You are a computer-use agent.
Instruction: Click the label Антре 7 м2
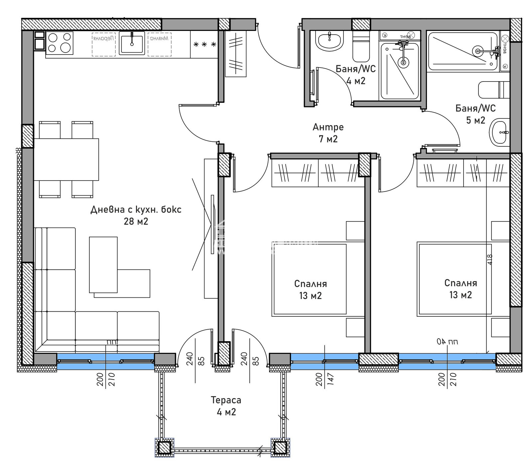click(328, 133)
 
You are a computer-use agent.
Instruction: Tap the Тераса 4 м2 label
click(226, 406)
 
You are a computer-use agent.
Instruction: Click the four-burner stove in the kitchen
click(60, 43)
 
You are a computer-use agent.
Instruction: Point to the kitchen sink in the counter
click(132, 43)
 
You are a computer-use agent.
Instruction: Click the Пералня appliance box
click(103, 44)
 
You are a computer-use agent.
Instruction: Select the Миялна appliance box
click(159, 44)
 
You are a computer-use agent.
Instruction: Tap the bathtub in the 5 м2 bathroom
click(462, 51)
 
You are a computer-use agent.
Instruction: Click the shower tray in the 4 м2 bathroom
click(399, 71)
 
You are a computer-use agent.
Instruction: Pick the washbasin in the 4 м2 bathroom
click(329, 41)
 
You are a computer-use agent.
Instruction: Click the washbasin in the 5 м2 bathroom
click(500, 132)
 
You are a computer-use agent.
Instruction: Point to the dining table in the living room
click(66, 159)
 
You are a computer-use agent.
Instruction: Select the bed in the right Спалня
click(455, 279)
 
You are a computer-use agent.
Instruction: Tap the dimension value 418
click(489, 259)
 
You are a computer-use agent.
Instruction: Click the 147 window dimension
click(330, 379)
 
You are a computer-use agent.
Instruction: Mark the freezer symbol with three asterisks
click(204, 44)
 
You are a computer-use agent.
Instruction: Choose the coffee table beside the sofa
click(103, 264)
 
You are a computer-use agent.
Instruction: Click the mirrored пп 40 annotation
click(447, 342)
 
